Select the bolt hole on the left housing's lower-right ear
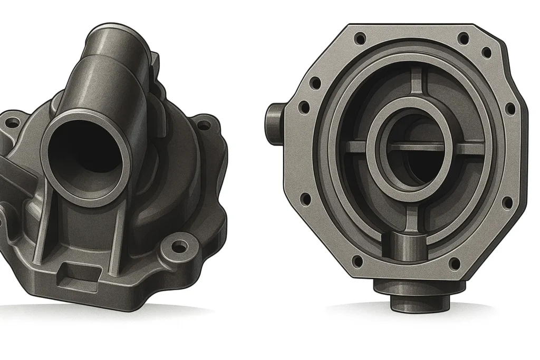pos(181,246)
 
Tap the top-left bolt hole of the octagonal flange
pos(360,38)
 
